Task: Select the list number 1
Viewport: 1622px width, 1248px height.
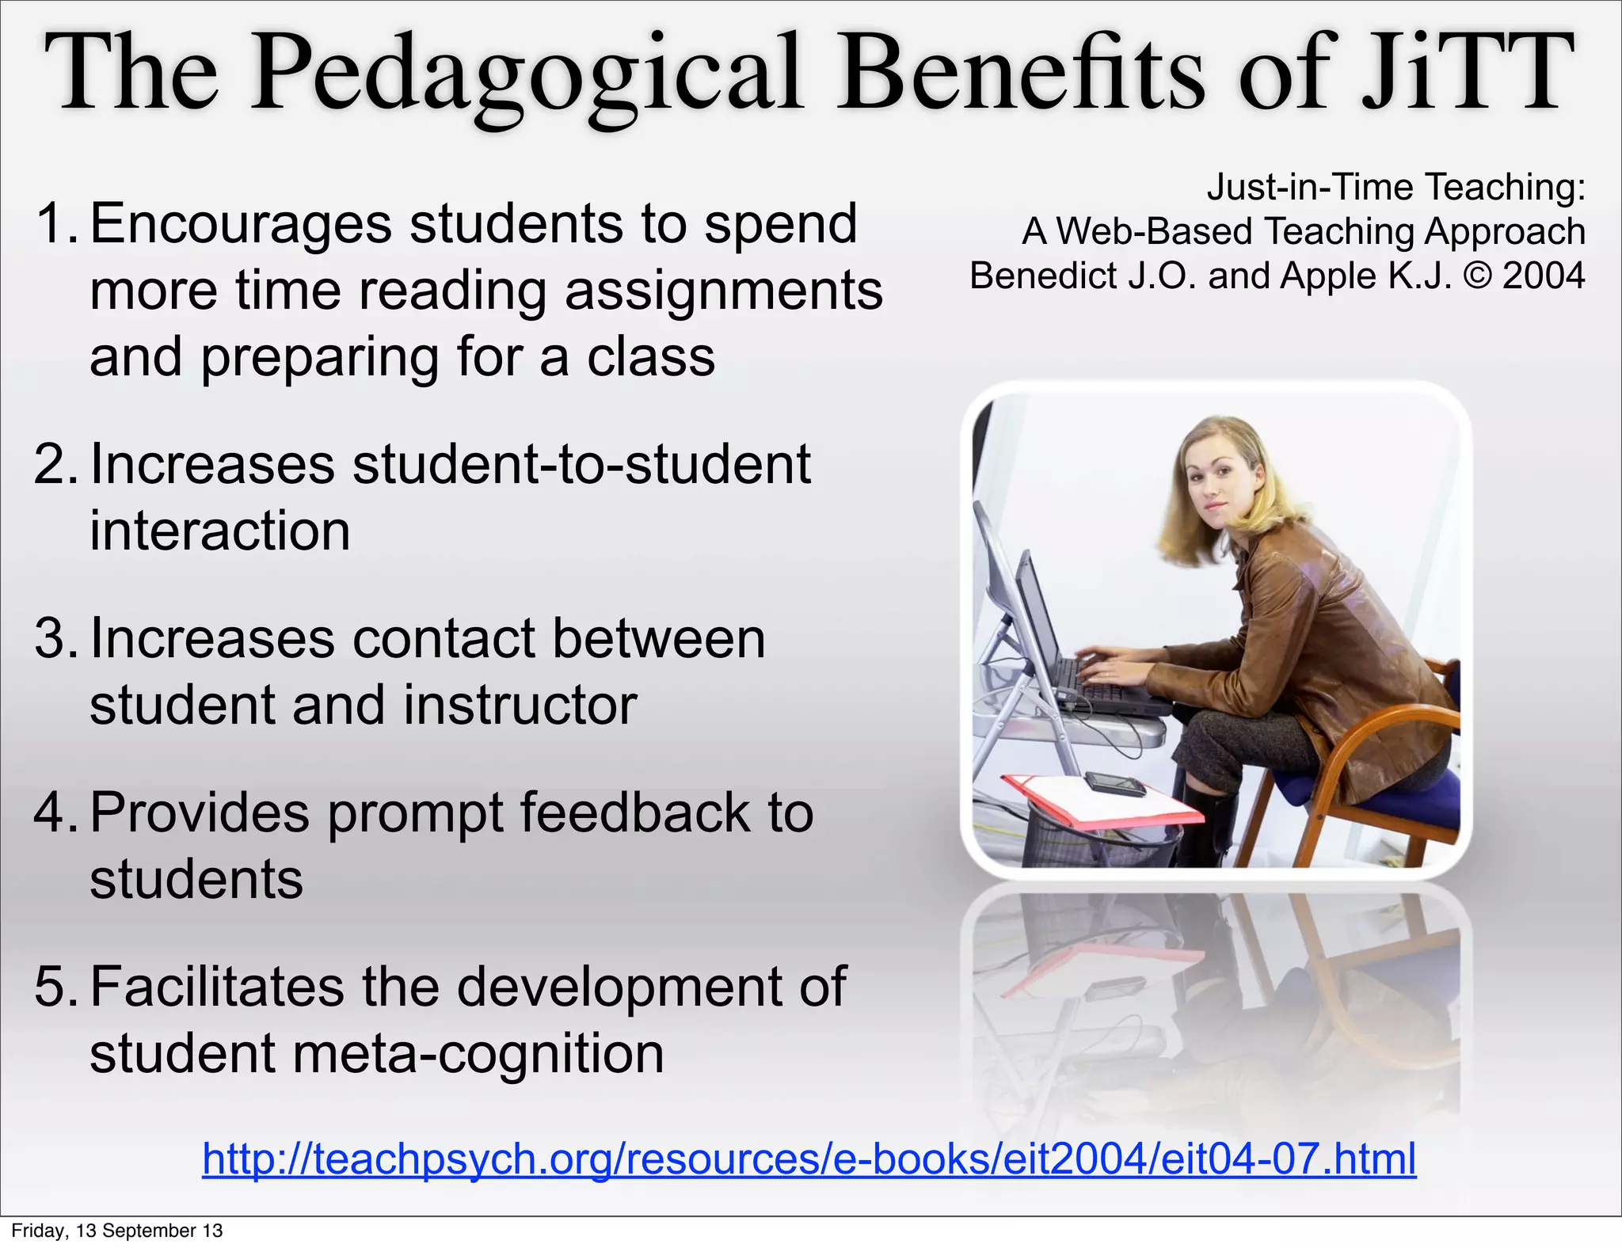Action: [54, 223]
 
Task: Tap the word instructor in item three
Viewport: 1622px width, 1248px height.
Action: [520, 705]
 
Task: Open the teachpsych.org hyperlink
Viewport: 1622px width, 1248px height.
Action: [809, 1159]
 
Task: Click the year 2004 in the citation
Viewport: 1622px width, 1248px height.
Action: [1544, 276]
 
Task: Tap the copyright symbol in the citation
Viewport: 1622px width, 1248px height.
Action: [1476, 276]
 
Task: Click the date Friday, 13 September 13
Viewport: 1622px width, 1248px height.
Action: [117, 1231]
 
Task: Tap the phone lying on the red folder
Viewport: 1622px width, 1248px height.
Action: [1114, 785]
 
